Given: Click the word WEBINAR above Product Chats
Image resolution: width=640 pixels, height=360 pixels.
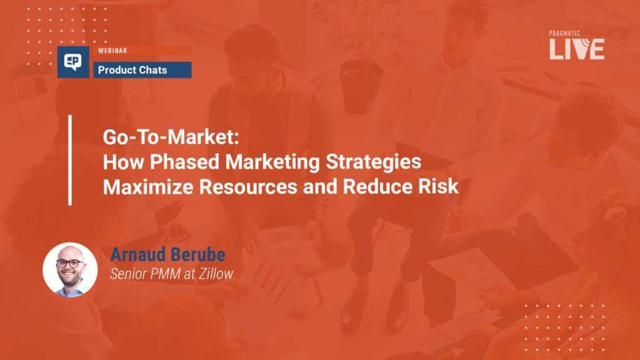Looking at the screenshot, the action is (x=112, y=51).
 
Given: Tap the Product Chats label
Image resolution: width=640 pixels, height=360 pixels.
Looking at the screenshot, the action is (x=132, y=70).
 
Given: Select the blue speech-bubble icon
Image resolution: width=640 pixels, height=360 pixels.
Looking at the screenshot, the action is (x=73, y=62).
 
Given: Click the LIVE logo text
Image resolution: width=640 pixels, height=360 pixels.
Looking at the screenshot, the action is (x=577, y=49).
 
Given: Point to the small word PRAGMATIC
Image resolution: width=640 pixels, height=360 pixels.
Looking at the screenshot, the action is (x=564, y=34).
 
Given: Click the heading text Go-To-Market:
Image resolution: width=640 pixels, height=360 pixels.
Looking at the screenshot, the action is (x=171, y=137).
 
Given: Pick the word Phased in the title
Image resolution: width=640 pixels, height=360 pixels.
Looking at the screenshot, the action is (x=184, y=162).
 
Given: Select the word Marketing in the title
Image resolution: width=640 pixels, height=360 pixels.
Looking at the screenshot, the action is (x=272, y=162).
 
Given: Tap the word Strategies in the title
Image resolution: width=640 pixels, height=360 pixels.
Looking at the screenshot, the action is (x=373, y=162).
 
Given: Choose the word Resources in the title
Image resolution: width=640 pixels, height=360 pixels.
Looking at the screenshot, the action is (x=248, y=186).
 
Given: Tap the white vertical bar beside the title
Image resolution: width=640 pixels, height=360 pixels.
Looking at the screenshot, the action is (x=70, y=160).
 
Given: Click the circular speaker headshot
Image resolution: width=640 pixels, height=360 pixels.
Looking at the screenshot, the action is (x=70, y=269).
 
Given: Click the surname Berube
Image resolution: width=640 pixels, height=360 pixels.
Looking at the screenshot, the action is (x=196, y=254).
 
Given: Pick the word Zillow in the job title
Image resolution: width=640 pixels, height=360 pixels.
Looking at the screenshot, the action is (x=216, y=274).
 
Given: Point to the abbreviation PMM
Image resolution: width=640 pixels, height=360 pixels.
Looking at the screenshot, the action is (x=165, y=274).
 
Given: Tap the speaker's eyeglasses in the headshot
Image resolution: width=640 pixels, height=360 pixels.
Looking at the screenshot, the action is (x=70, y=263).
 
